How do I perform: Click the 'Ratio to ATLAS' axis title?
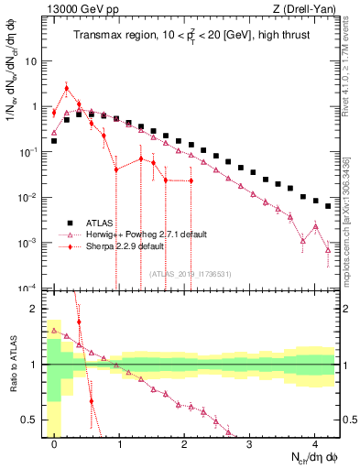coord(12,366)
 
